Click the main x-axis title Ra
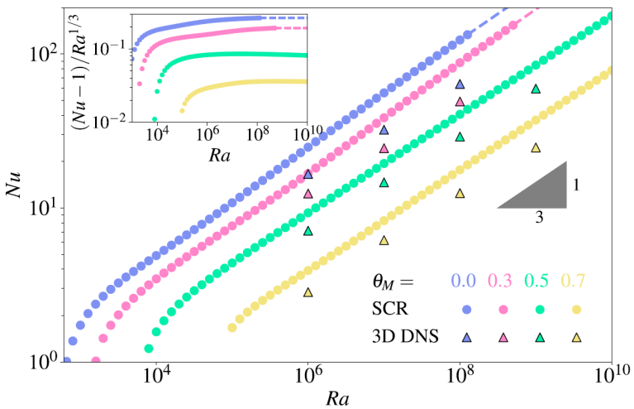click(336, 397)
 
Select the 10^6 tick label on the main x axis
click(308, 374)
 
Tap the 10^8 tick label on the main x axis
click(460, 374)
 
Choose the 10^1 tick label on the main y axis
click(41, 208)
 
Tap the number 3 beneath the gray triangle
click(538, 219)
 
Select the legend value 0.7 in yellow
click(576, 282)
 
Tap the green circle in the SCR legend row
click(539, 310)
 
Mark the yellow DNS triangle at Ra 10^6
click(308, 291)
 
